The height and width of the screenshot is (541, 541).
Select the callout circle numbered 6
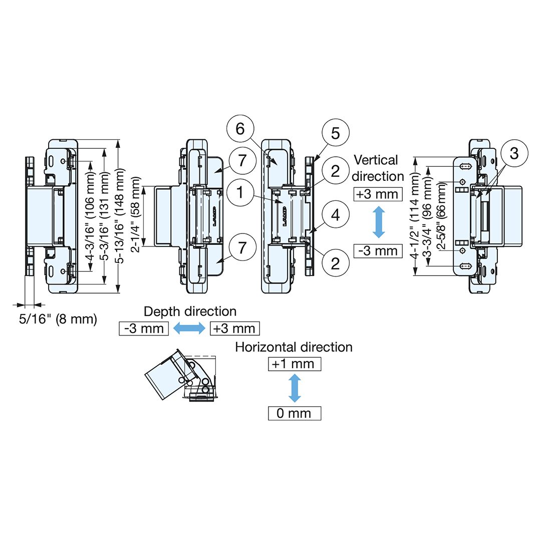(x=240, y=129)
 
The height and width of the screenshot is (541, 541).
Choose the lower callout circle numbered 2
(x=335, y=261)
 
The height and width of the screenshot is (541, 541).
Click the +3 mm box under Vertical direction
(x=378, y=194)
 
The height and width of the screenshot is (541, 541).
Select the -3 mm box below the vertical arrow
(x=378, y=250)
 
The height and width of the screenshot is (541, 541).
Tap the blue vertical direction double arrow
(x=379, y=222)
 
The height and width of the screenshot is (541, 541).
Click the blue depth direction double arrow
(x=189, y=329)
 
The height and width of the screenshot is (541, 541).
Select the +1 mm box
(x=295, y=364)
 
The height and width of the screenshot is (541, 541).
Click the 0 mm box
(x=295, y=413)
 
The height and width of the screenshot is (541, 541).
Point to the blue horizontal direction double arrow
(x=295, y=389)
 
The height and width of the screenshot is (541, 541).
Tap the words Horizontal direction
(x=294, y=347)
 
